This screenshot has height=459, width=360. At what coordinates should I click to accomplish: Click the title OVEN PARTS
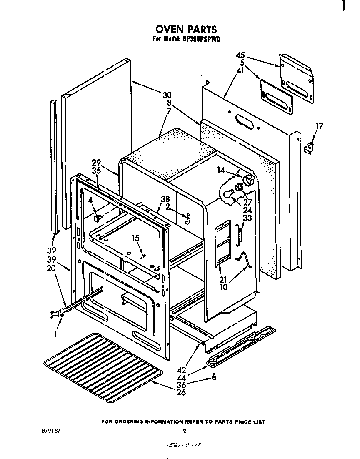[186, 29]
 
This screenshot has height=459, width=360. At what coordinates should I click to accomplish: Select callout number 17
[319, 126]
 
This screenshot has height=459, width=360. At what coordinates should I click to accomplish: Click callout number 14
[221, 170]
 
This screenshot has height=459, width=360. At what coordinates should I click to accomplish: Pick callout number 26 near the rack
[181, 392]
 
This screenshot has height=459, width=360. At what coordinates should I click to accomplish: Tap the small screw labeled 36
[213, 377]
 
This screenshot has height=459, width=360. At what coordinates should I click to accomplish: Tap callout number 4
[90, 200]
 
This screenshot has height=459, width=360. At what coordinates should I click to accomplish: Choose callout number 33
[247, 217]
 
